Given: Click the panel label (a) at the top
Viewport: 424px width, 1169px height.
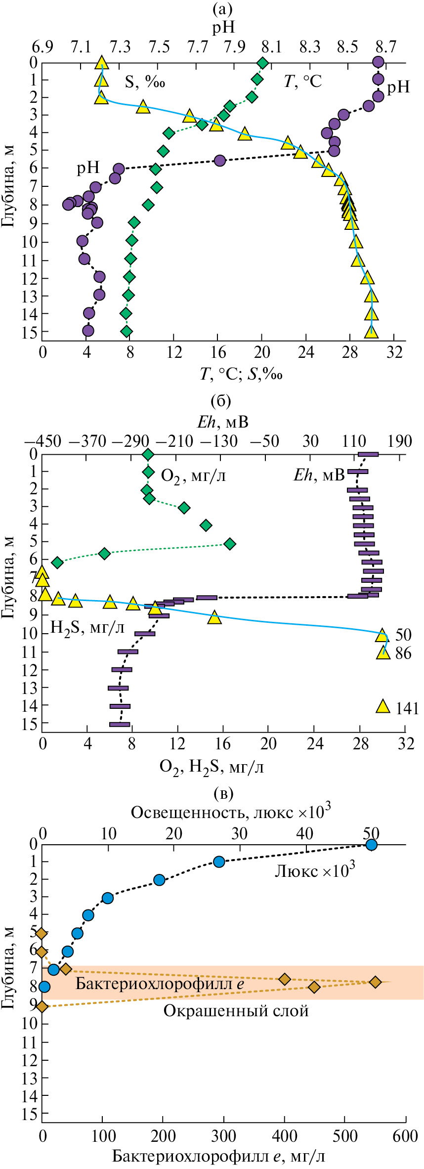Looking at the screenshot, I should click(221, 9).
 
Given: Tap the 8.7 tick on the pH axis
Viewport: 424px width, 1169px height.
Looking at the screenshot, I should click(385, 47).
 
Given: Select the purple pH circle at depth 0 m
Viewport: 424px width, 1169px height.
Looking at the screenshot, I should click(378, 62).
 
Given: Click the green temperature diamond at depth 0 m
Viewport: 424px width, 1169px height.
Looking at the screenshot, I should click(263, 63).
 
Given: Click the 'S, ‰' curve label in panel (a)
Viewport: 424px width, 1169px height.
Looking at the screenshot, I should click(144, 82).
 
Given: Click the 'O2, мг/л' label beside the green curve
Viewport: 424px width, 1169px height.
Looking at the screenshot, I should click(194, 476).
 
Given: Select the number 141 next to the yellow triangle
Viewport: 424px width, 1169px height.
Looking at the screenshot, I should click(407, 709).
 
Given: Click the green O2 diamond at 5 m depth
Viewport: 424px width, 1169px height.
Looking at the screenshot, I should click(229, 544).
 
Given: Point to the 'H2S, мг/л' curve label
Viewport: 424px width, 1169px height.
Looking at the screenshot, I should click(87, 628).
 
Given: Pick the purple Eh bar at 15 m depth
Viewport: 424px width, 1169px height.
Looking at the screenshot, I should click(120, 724).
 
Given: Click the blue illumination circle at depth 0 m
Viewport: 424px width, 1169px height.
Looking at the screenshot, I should click(371, 844).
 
